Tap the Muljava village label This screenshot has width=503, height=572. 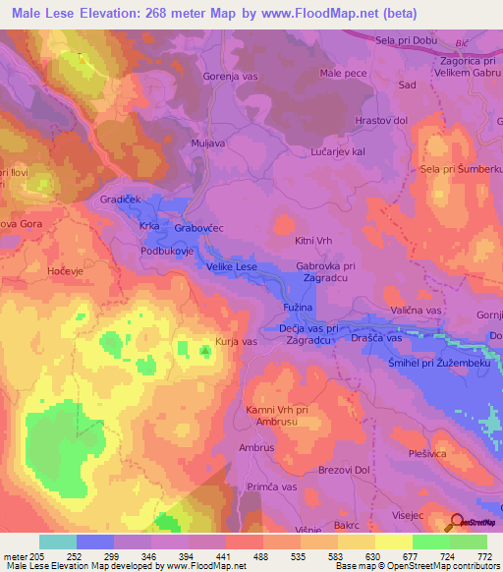coord(209,143)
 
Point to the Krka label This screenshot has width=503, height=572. coord(150,226)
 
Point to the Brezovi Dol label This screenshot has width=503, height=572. coord(342,470)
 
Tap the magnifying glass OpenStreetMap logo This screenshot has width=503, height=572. coord(457,522)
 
